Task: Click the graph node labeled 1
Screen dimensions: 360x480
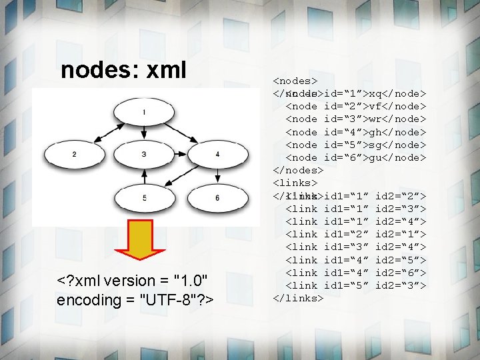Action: tap(145, 112)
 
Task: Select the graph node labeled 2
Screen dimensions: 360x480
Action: tap(73, 155)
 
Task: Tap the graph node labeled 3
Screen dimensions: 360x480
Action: tap(145, 155)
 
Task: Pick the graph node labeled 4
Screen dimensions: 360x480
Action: tap(217, 155)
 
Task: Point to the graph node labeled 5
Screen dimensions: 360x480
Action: tap(145, 197)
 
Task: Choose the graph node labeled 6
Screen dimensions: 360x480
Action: tap(217, 197)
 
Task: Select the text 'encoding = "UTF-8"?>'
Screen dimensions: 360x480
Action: tap(135, 300)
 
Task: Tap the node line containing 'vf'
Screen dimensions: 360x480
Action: tap(355, 106)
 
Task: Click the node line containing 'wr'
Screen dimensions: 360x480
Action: tap(355, 119)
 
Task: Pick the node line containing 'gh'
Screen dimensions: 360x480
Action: tap(355, 132)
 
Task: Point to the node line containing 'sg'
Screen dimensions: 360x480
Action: tap(355, 145)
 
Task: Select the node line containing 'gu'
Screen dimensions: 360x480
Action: tap(355, 157)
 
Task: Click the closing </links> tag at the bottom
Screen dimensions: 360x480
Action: tap(298, 298)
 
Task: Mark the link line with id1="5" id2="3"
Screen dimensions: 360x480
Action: tap(355, 285)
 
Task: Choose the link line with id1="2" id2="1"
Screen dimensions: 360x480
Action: tap(355, 234)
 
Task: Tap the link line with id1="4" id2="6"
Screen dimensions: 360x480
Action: tap(355, 273)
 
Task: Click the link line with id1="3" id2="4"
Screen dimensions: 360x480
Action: tap(355, 247)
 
